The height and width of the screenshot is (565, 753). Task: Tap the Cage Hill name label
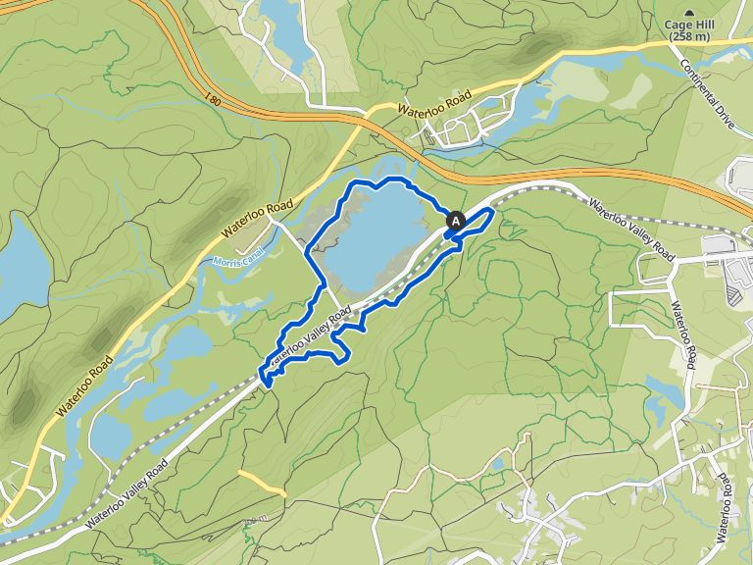(x=689, y=26)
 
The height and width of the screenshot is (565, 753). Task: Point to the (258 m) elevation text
(x=689, y=37)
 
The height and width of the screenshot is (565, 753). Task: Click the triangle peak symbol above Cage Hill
(x=689, y=13)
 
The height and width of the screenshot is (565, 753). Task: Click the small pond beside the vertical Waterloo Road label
(x=666, y=392)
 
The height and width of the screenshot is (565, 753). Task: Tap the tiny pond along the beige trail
(x=498, y=464)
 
